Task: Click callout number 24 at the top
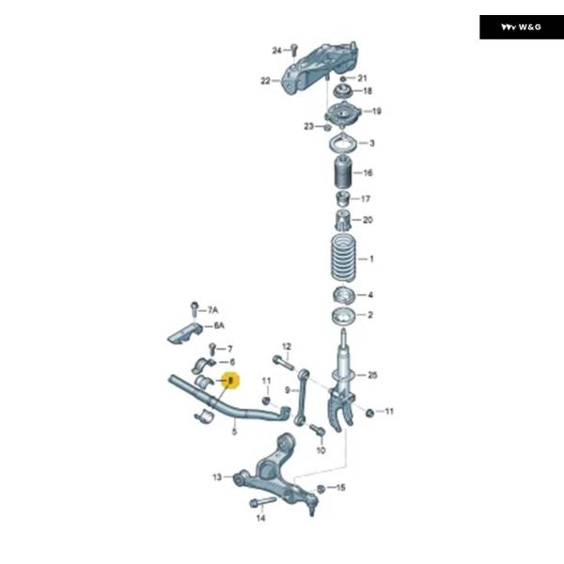pyautogui.click(x=277, y=50)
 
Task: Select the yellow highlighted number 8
pyautogui.click(x=229, y=381)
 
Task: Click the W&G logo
pyautogui.click(x=522, y=27)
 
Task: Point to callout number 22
pyautogui.click(x=266, y=81)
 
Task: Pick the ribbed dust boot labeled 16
pyautogui.click(x=342, y=174)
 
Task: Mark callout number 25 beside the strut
pyautogui.click(x=372, y=375)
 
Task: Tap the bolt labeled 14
pyautogui.click(x=258, y=504)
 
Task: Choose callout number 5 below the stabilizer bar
pyautogui.click(x=234, y=431)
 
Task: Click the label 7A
pyautogui.click(x=213, y=309)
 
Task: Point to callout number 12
pyautogui.click(x=287, y=347)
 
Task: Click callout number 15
pyautogui.click(x=341, y=488)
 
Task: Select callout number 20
pyautogui.click(x=368, y=220)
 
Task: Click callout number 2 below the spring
pyautogui.click(x=370, y=316)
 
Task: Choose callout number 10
pyautogui.click(x=320, y=450)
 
